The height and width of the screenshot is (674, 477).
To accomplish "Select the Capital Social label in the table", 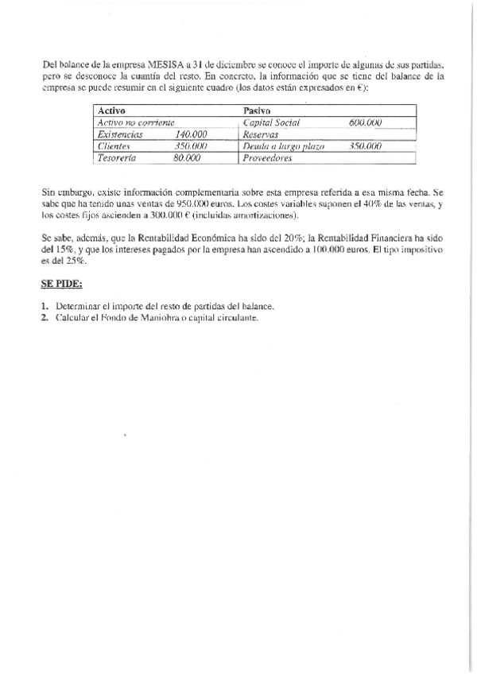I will pos(270,122).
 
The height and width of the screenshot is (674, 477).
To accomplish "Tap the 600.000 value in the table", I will pos(366,122).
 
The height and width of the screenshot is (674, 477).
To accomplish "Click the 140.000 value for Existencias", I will pos(191,134).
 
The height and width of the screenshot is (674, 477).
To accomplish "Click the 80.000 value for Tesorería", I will pos(187,158).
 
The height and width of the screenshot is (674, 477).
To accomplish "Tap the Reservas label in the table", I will pos(262,134).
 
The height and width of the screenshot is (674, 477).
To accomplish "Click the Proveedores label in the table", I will pos(268,158).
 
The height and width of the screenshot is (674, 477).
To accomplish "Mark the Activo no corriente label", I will pos(135,122).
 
